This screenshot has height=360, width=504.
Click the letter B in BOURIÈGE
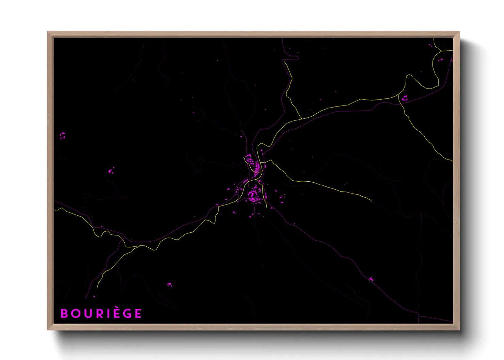click(64, 313)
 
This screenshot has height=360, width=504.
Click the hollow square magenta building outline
click(405, 98)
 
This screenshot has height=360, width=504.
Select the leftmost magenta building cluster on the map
click(62, 136)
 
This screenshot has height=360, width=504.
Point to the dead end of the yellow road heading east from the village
click(371, 201)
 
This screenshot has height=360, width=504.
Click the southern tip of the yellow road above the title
click(97, 288)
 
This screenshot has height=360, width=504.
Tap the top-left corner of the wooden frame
click(48, 32)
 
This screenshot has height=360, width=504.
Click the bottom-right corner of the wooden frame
click(459, 329)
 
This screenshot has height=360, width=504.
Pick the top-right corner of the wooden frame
click(459, 32)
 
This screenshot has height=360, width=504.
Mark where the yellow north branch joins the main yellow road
click(302, 119)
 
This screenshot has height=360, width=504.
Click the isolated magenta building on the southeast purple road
click(371, 279)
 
